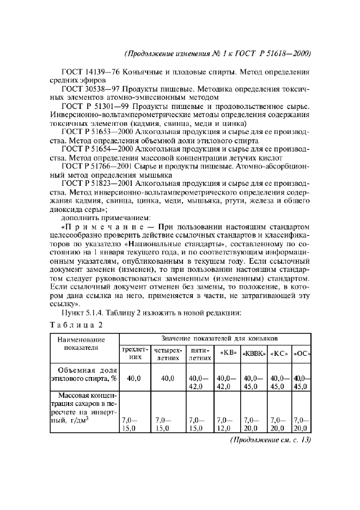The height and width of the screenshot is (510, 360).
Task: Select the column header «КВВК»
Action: coord(254,353)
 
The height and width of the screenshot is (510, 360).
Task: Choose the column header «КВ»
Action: coord(228,353)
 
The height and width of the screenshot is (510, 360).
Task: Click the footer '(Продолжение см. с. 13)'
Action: coord(269,440)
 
